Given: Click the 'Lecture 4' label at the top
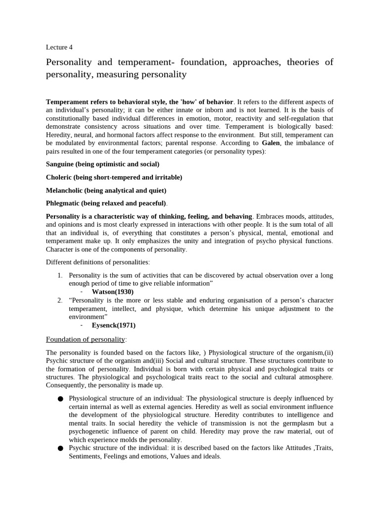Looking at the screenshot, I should click(x=59, y=48).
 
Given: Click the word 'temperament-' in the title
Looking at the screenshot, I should click(x=146, y=62).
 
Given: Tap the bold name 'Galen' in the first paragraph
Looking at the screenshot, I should click(x=274, y=143).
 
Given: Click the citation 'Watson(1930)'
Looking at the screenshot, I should click(x=113, y=292).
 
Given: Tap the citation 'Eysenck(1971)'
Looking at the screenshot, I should click(x=114, y=325).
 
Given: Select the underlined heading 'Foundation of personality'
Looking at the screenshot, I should click(x=85, y=339).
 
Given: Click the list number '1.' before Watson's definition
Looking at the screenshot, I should click(x=59, y=275).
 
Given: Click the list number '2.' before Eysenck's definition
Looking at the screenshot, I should click(x=59, y=300).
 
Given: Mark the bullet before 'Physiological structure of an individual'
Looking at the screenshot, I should click(x=60, y=399).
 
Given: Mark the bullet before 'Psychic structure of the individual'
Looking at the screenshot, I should click(x=60, y=449).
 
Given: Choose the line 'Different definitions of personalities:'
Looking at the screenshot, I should click(x=97, y=262).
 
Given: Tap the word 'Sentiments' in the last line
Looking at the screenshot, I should click(x=85, y=456).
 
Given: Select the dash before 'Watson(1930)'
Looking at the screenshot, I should click(x=82, y=292).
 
